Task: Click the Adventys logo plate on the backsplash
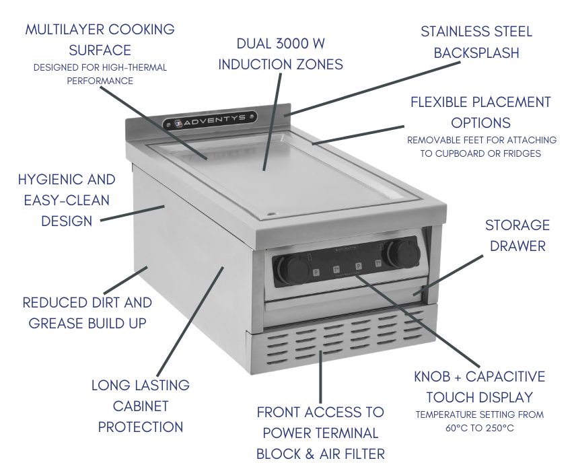[209, 120]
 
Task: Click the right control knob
[406, 252]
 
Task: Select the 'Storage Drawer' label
[517, 235]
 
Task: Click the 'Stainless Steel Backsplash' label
[476, 42]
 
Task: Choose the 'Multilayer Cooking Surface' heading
[100, 40]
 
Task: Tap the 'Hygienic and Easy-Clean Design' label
[67, 200]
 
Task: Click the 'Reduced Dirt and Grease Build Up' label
[87, 313]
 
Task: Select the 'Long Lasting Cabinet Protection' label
[140, 406]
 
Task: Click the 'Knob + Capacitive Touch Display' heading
[479, 386]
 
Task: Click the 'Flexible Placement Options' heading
[480, 112]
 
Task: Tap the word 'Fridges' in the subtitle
[520, 153]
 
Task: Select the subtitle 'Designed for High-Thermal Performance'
[100, 74]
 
